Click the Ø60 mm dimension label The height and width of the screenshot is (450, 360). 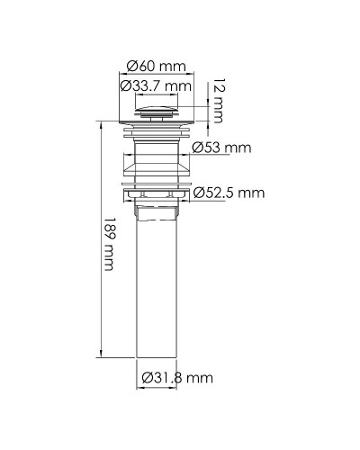tap(157, 66)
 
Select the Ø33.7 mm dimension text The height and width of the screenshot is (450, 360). tap(157, 85)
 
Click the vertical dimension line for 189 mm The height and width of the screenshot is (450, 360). tap(100, 243)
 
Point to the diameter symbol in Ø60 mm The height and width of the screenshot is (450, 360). tap(132, 66)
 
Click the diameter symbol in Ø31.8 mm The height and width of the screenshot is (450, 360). tap(147, 378)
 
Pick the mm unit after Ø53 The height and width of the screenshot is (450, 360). tap(238, 148)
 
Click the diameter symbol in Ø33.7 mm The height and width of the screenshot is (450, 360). tap(126, 85)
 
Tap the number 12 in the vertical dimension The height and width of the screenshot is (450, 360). tap(218, 87)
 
